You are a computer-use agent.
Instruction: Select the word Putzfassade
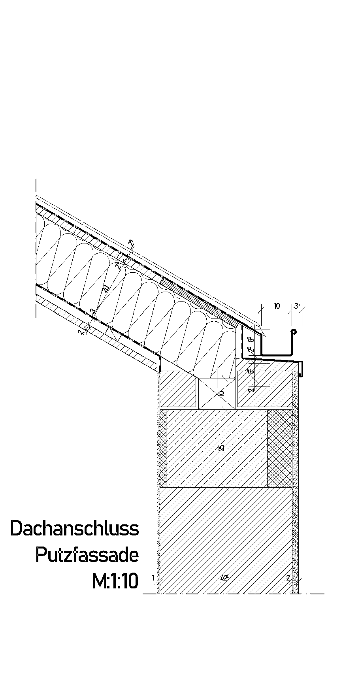tap(87, 555)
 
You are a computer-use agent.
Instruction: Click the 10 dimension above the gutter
tap(277, 306)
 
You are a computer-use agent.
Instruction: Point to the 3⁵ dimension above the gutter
tap(297, 305)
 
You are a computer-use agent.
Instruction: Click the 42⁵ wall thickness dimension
tap(225, 577)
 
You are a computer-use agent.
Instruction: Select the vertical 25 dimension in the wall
tap(222, 448)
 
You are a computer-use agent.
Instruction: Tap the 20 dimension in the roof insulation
tap(106, 289)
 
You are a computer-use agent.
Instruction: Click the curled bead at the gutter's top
tap(293, 332)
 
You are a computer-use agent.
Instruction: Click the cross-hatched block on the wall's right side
tap(280, 448)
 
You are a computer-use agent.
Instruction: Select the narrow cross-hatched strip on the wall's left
tap(162, 448)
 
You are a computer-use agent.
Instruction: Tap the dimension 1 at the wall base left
tap(153, 578)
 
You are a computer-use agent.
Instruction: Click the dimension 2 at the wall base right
tap(288, 578)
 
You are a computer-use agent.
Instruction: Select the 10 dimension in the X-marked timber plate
tap(221, 393)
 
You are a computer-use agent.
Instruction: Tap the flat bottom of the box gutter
tap(277, 354)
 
